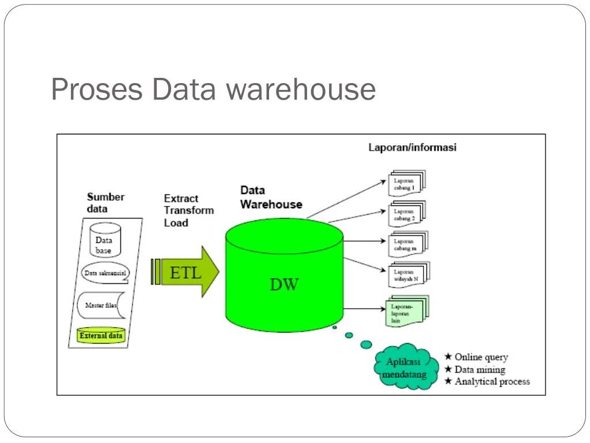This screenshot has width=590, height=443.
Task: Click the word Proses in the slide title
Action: click(97, 90)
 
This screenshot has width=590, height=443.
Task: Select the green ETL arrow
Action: click(185, 272)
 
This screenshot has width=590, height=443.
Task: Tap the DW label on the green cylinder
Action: click(284, 284)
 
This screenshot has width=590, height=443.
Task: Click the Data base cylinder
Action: click(105, 240)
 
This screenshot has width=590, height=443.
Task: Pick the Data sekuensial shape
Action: click(105, 273)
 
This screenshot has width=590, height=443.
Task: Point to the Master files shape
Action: click(101, 305)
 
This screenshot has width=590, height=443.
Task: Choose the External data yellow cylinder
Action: click(101, 335)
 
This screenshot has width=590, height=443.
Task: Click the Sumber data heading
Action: click(105, 202)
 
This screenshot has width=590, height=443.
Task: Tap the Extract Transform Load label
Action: click(189, 211)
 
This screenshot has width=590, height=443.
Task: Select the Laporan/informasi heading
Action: click(413, 147)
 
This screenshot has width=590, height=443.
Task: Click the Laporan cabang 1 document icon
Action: click(407, 183)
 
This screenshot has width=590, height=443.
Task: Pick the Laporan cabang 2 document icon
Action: click(407, 214)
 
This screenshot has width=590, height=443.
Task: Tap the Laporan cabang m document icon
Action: click(408, 244)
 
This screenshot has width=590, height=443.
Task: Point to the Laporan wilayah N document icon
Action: click(409, 275)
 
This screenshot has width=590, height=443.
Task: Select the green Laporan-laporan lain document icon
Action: click(407, 311)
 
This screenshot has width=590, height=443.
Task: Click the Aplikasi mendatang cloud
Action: click(406, 366)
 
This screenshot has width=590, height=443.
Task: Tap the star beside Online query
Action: click(448, 356)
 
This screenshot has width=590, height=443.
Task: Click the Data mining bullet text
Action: click(480, 370)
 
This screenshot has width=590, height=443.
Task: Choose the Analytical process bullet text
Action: click(492, 382)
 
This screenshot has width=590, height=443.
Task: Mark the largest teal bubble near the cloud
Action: click(366, 344)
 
